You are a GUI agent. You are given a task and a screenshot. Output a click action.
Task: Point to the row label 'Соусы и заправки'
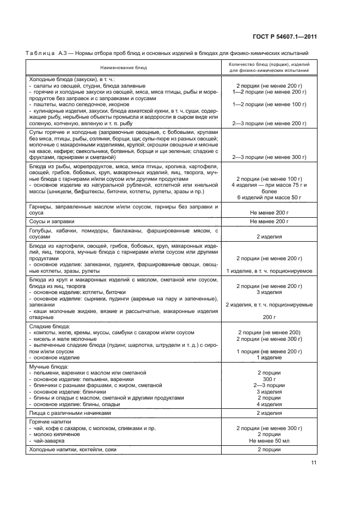click(x=51, y=222)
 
